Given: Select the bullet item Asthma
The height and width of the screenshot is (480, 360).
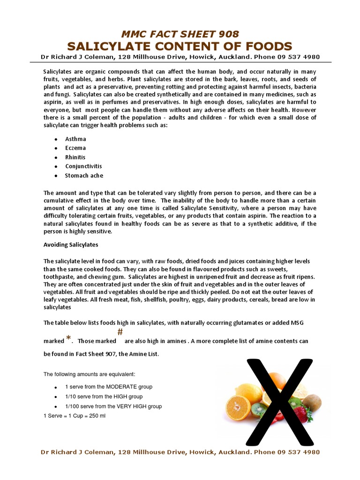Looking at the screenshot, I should point(75,139).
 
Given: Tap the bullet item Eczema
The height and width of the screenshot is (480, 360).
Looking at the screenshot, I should point(75,148).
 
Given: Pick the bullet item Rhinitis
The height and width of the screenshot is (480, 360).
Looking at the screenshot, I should point(75,157).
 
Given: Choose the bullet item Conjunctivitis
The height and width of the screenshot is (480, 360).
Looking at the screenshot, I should point(83,166).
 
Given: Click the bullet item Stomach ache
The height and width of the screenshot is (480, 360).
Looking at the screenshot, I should point(84,176).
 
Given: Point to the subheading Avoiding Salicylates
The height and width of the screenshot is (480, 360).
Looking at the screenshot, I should point(71,245).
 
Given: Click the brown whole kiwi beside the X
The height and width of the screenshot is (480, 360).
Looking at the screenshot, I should point(312,402).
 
